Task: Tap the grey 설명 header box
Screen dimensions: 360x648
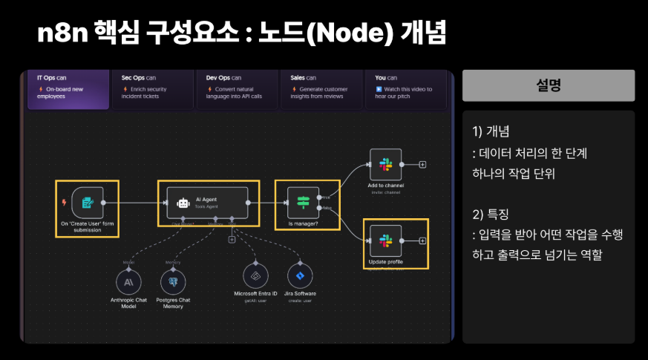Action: [x=548, y=85]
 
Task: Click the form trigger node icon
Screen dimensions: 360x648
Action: [x=87, y=202]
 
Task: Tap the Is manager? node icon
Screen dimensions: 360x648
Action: [x=303, y=202]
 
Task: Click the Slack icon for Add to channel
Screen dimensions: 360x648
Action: [x=385, y=164]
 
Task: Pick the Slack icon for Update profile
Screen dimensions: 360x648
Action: [x=385, y=240]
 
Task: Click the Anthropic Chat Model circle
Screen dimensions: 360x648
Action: [x=128, y=281]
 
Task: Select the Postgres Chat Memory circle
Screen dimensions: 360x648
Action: [x=172, y=281]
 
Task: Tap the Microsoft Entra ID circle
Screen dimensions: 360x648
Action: [x=255, y=275]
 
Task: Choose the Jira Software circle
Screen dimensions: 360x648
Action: [x=300, y=275]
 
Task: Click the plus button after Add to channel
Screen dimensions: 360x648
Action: [x=422, y=164]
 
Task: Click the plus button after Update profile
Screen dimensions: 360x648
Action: [x=422, y=240]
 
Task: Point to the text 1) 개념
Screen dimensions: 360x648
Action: [x=491, y=132]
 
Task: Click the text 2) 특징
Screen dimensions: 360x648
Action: [x=491, y=215]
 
